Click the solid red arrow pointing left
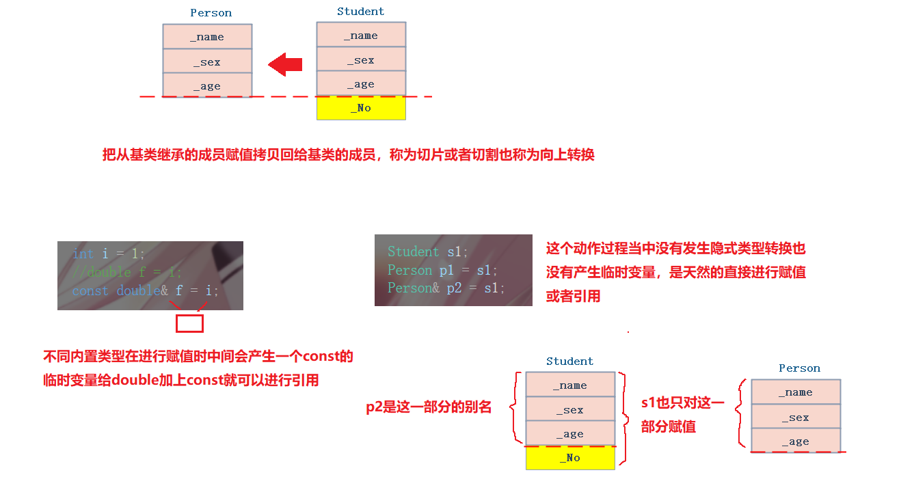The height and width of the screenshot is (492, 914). tap(285, 65)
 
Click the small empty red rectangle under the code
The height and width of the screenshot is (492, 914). tap(189, 323)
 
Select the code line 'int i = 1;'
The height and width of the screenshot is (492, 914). tap(109, 254)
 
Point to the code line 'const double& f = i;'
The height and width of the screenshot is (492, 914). tap(146, 290)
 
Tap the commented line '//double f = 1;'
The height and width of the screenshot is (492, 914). tap(127, 272)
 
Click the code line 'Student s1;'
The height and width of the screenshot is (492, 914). tap(428, 251)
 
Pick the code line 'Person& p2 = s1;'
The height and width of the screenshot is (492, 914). tap(446, 288)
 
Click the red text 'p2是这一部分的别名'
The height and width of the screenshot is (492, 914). tap(429, 407)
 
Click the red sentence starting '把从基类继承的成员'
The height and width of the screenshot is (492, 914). tap(348, 154)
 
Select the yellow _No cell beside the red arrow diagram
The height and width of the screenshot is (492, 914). tap(361, 108)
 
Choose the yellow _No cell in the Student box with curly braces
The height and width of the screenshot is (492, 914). tap(570, 458)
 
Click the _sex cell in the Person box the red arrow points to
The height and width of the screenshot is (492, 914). tap(207, 61)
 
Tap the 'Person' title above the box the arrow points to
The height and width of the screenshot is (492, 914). tap(211, 13)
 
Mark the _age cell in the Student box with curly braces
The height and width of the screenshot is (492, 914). tap(570, 434)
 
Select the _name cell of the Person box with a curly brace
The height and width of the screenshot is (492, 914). tap(796, 392)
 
